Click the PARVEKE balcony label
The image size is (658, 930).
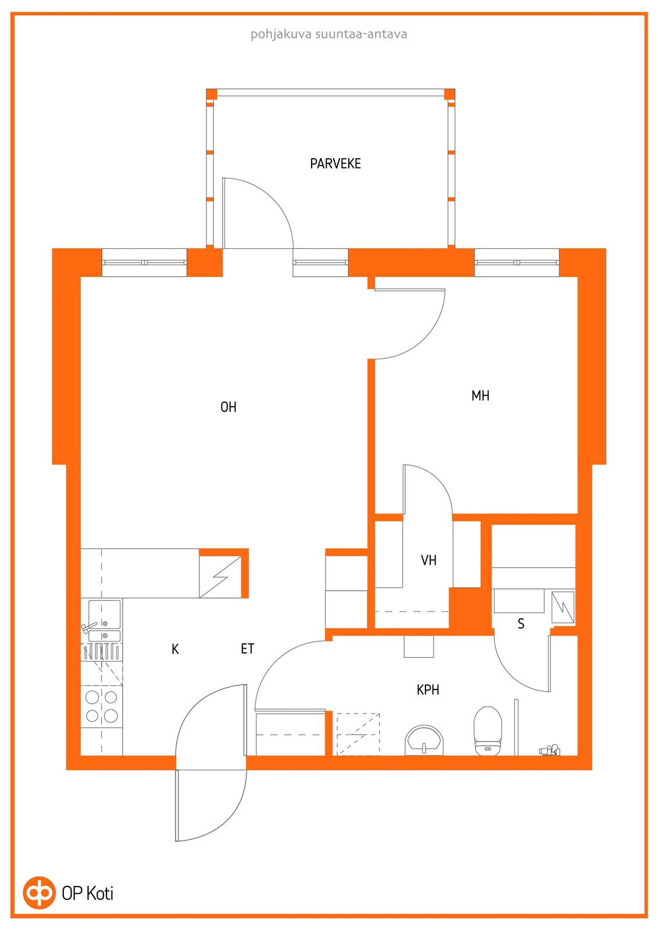[335, 163]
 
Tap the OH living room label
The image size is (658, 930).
[228, 407]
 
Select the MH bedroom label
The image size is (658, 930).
[480, 396]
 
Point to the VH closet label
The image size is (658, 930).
[428, 560]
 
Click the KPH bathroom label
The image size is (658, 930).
[428, 689]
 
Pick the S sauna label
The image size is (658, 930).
[521, 624]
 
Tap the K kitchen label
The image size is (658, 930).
[175, 649]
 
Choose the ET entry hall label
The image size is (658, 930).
[248, 649]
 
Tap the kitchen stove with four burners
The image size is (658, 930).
[102, 707]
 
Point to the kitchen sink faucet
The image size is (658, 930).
[89, 627]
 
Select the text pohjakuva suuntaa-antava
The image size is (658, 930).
[329, 34]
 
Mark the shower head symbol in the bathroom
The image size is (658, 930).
[549, 750]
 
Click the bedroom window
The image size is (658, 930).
[517, 262]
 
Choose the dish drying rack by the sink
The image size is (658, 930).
[102, 651]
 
